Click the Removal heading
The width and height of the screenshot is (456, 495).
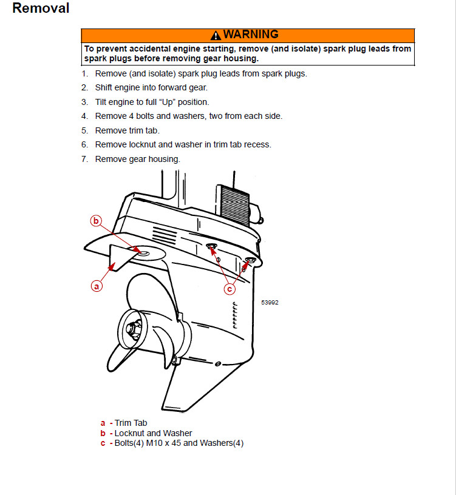(41, 8)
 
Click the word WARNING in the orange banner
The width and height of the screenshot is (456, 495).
(250, 35)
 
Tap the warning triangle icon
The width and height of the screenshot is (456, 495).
(216, 35)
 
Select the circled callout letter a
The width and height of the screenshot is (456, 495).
(96, 285)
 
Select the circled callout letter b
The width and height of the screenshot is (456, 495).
(96, 221)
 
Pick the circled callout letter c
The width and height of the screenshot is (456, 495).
(230, 289)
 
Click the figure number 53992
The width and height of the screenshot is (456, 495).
(270, 302)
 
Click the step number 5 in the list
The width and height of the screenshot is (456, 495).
(84, 130)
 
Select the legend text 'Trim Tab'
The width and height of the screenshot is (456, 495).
(131, 423)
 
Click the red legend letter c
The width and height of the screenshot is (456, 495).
(103, 443)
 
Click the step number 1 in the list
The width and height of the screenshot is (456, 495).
(84, 74)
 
